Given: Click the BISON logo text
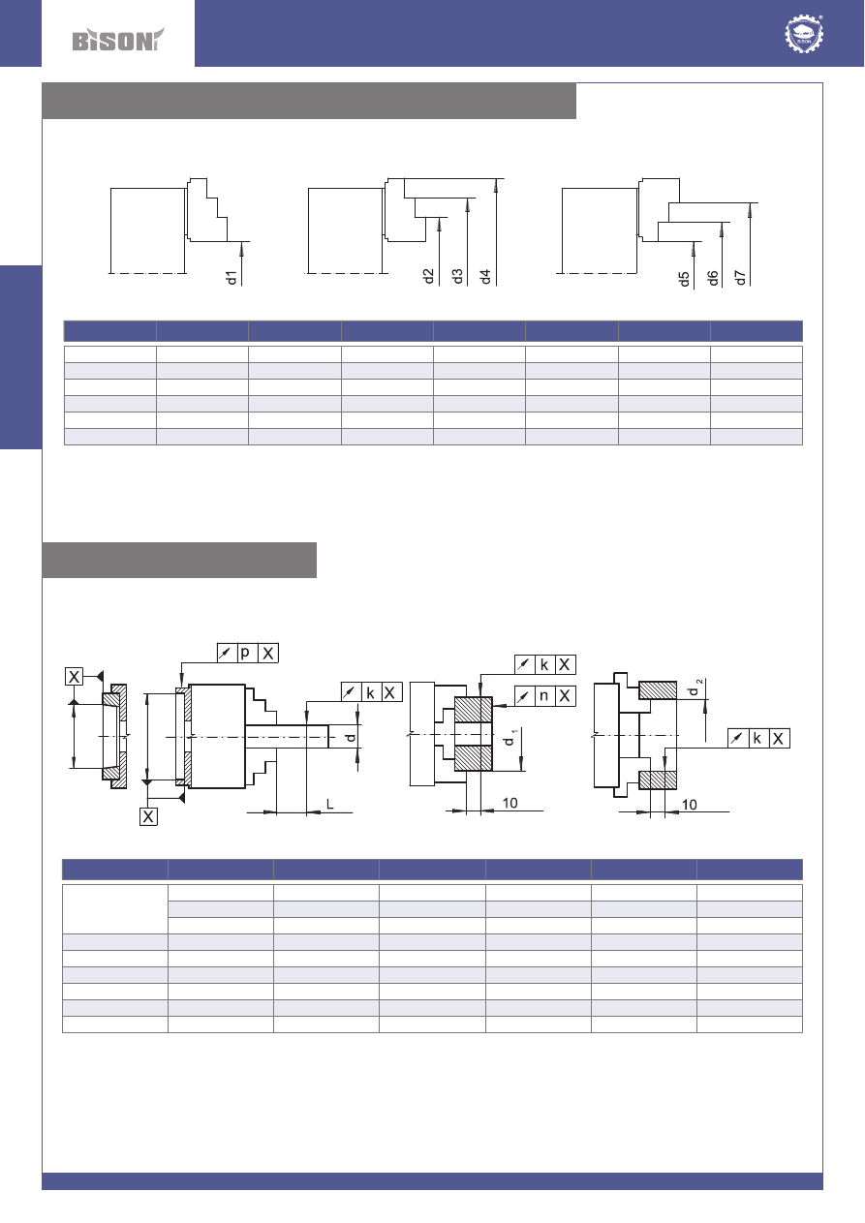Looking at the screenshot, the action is tap(117, 40).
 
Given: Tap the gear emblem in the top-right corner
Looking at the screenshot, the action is tap(804, 34).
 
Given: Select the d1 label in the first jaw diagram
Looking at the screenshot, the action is tap(232, 277).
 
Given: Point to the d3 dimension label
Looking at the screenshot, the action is tap(457, 276).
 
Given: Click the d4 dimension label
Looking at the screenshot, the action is tap(485, 277).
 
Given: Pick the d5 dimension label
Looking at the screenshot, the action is tap(684, 279).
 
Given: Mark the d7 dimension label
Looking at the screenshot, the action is tap(740, 277).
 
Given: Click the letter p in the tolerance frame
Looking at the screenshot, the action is tap(245, 653).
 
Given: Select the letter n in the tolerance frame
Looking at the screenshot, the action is tap(543, 695).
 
